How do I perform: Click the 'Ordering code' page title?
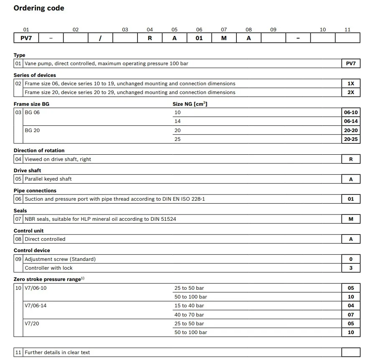pyautogui.click(x=39, y=8)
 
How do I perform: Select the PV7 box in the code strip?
pyautogui.click(x=26, y=38)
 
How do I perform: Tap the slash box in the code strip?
pyautogui.click(x=100, y=38)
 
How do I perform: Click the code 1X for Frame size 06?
pyautogui.click(x=351, y=84)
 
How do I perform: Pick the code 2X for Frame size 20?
pyautogui.click(x=351, y=92)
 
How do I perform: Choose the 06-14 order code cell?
pyautogui.click(x=351, y=121)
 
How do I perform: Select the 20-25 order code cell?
pyautogui.click(x=351, y=139)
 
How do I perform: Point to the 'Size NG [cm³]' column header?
pyautogui.click(x=190, y=104)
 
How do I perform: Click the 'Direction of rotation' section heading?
pyautogui.click(x=39, y=151)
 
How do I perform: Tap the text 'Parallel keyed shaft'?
pyautogui.click(x=48, y=179)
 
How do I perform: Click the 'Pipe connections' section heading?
pyautogui.click(x=35, y=191)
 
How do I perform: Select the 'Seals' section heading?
pyautogui.click(x=20, y=211)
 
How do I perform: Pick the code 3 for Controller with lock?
pyautogui.click(x=351, y=268)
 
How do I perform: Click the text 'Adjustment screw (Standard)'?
pyautogui.click(x=60, y=259)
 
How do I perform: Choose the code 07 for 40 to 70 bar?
pyautogui.click(x=351, y=314)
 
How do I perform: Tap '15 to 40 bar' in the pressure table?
pyautogui.click(x=189, y=306)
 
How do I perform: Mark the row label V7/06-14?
pyautogui.click(x=36, y=306)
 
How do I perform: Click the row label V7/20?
pyautogui.click(x=32, y=323)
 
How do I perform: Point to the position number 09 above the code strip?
pyautogui.click(x=273, y=30)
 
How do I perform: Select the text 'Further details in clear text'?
pyautogui.click(x=57, y=352)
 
